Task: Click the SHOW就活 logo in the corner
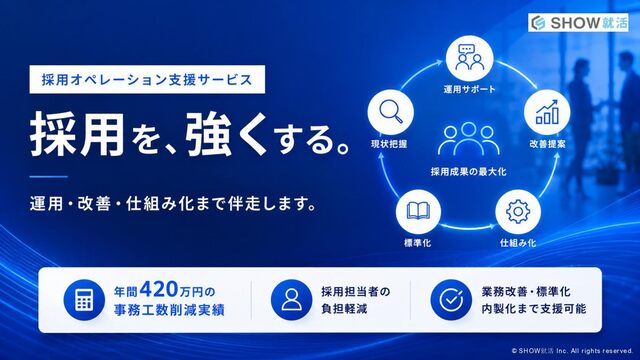578,22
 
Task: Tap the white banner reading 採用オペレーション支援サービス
147,79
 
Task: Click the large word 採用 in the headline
77,134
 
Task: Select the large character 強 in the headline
209,134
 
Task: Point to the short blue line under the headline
49,177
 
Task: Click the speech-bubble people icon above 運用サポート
469,58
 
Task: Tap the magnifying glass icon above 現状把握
391,111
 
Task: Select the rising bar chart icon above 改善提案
547,112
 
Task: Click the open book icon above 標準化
418,211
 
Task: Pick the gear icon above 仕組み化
518,211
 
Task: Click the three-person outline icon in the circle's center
469,139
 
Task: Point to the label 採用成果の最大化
469,172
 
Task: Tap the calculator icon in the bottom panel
84,300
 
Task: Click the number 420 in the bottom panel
159,290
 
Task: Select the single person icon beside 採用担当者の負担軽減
291,300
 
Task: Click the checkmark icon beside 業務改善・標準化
451,300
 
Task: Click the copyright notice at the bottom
572,351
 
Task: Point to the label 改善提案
547,144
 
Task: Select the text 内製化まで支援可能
534,309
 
